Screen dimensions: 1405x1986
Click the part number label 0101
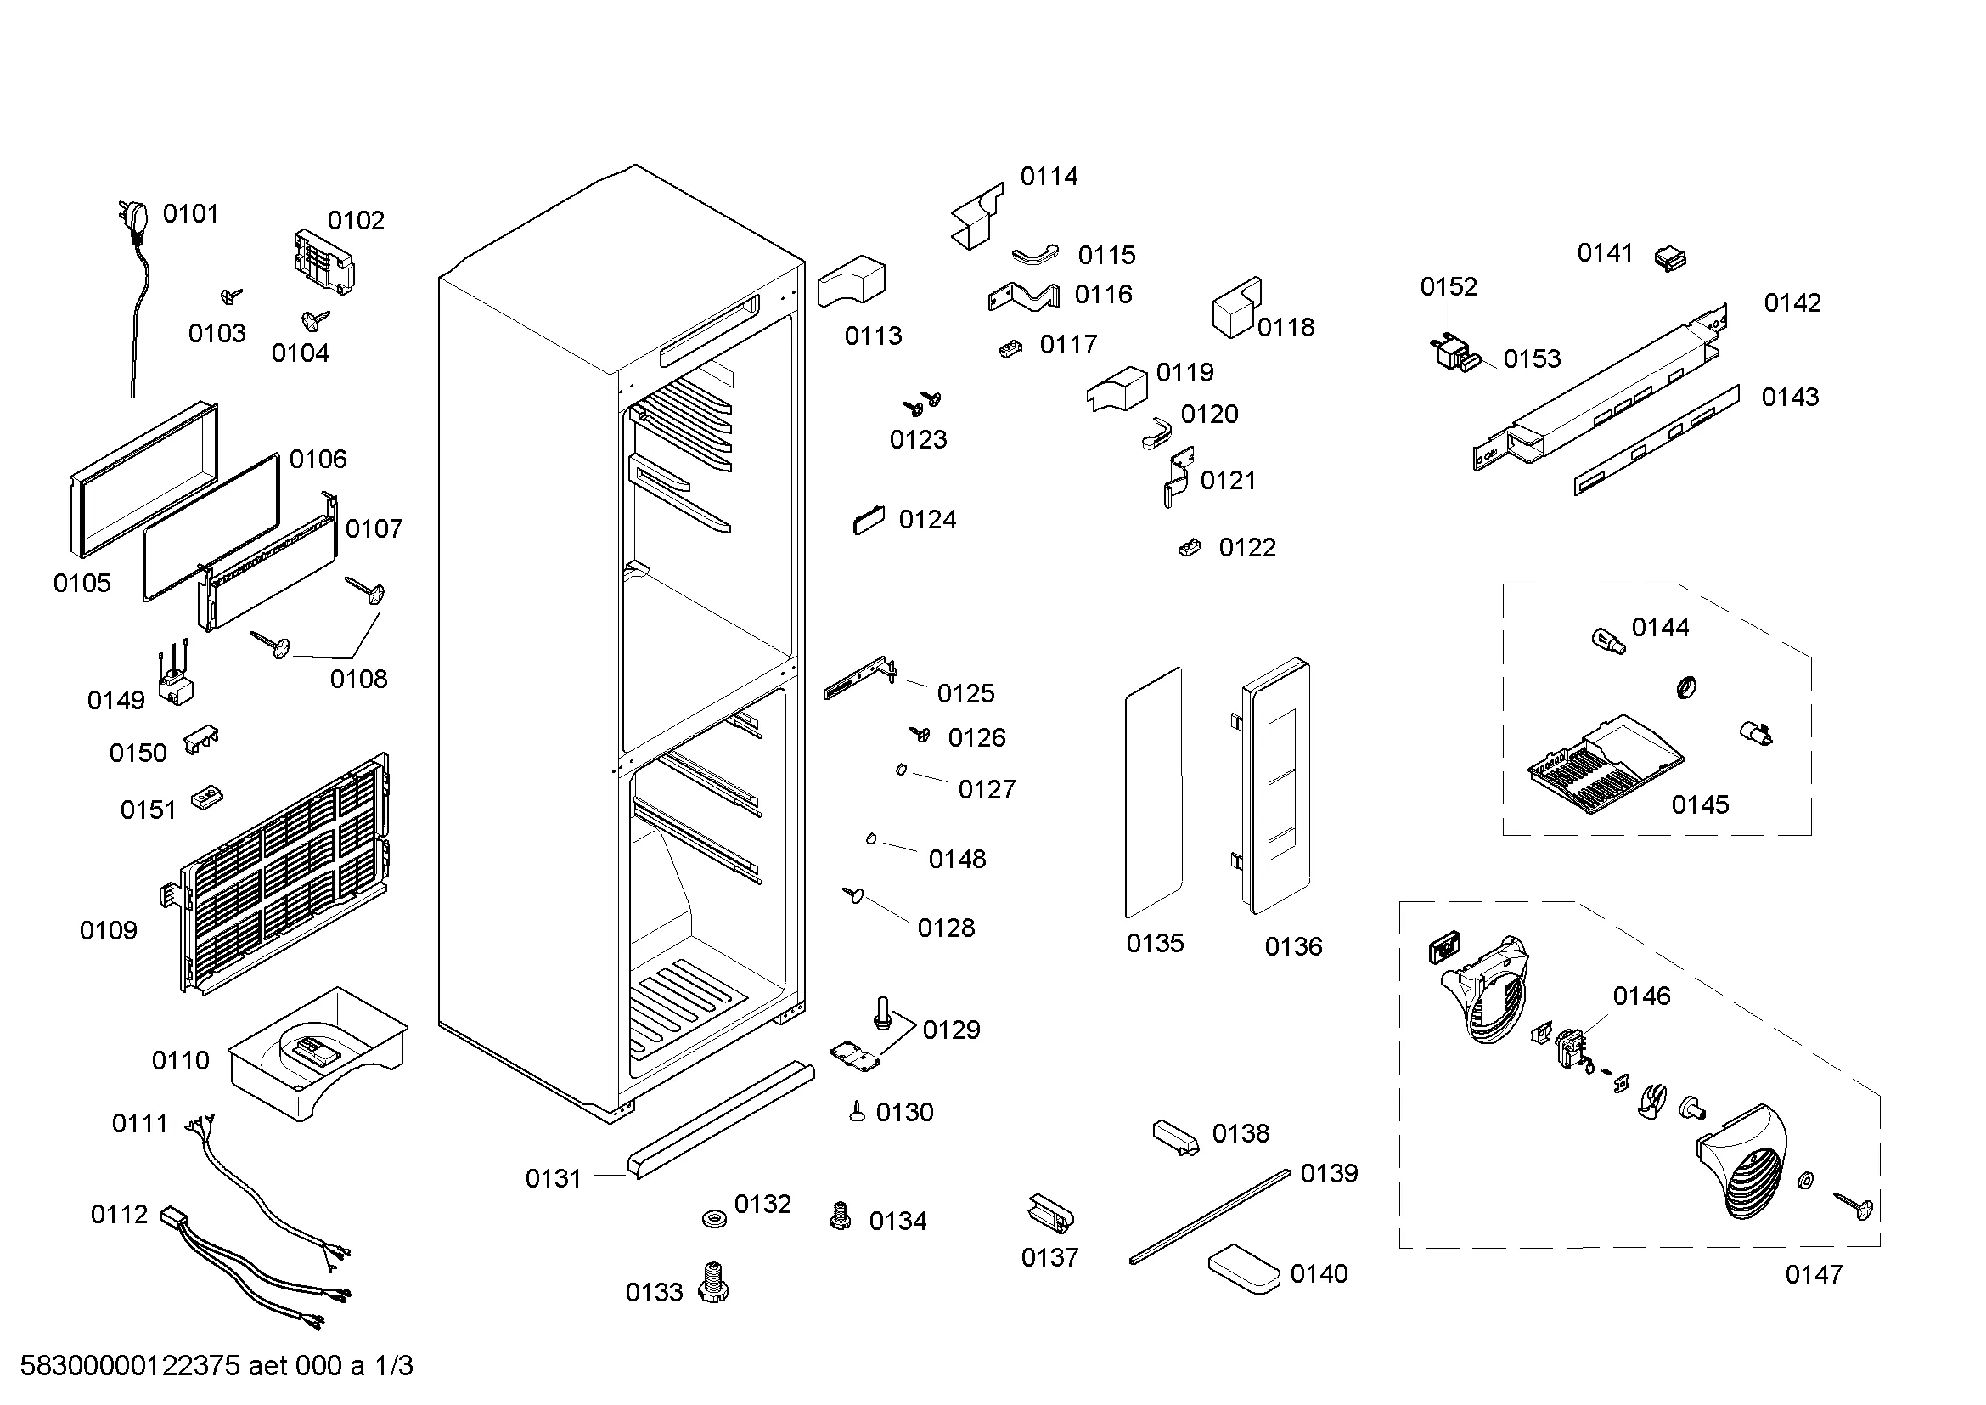point(190,214)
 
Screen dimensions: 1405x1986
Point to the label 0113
point(873,336)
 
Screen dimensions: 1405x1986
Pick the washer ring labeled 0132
point(714,1218)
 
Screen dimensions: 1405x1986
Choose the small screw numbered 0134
point(839,1216)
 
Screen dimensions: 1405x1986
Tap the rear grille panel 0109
point(281,874)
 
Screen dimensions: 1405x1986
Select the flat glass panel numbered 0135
point(1154,793)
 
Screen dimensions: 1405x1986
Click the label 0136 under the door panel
point(1293,946)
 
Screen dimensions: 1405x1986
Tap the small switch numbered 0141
point(1670,259)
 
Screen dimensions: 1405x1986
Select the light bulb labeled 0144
point(1607,642)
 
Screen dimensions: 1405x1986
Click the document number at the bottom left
point(217,1366)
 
